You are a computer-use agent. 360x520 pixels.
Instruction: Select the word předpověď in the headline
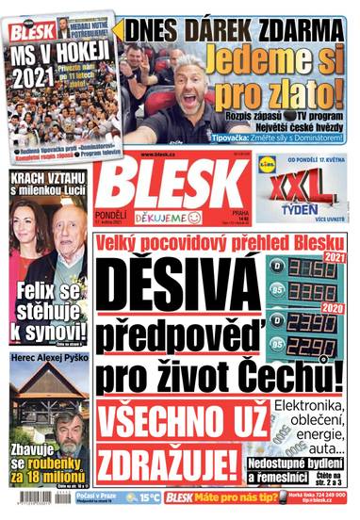point(179,333)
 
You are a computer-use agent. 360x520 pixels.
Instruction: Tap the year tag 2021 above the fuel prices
point(332,256)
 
